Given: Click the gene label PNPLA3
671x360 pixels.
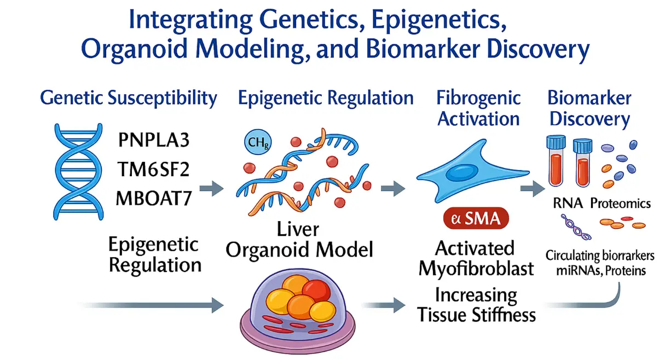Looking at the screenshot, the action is tap(154, 140).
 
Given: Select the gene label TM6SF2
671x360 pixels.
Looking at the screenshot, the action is tap(153, 169).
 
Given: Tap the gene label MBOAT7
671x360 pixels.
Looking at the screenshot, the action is tap(154, 198).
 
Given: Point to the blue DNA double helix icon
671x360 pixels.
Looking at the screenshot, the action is tap(78, 172).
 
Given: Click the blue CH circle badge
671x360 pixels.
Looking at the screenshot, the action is tap(258, 142).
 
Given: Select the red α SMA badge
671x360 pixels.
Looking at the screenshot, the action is tap(476, 218).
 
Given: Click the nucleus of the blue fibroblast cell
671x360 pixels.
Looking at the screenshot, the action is tap(461, 173).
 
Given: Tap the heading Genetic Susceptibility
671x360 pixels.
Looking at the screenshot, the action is tap(129, 98).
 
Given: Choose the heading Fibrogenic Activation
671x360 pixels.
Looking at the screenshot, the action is tap(478, 108).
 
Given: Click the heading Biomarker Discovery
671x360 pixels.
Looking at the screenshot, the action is tap(589, 108).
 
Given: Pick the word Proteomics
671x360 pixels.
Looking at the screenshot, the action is tap(621, 204).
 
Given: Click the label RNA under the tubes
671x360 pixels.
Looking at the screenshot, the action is tap(568, 204).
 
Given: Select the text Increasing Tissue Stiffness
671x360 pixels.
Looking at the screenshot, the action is tap(476, 305).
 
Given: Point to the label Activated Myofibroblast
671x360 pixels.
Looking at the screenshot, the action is tap(476, 258).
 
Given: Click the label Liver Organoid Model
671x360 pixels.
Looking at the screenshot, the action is tap(299, 240).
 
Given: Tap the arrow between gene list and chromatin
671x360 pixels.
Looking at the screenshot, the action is tap(212, 188).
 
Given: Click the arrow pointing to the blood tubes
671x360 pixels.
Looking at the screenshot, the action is tap(533, 188).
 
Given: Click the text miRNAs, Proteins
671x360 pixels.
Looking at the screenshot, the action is tap(600, 271).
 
